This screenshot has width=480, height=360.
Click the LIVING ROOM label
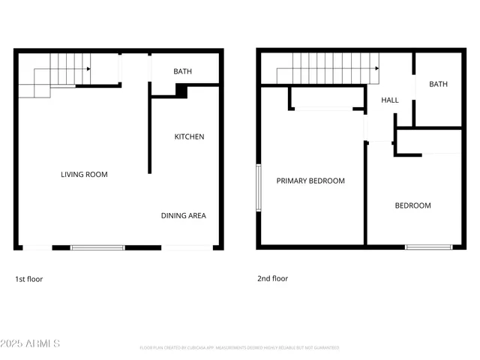tap(84, 175)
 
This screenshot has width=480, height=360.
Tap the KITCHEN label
tap(189, 136)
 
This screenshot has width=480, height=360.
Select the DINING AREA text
tap(183, 216)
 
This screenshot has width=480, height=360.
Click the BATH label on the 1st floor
tap(182, 72)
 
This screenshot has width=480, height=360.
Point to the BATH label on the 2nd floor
tap(438, 84)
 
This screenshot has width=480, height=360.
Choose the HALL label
tap(390, 100)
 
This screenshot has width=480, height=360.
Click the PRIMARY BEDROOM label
tap(310, 181)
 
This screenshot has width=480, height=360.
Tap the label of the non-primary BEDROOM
tap(413, 205)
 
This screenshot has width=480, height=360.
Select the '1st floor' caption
tap(29, 279)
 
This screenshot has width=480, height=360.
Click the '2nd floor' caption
tap(272, 278)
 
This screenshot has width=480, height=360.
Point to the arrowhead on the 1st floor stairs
tap(88, 69)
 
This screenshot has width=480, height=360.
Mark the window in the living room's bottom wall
tap(97, 247)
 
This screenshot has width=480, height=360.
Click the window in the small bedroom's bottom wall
tap(429, 246)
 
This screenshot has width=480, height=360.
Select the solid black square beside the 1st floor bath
tap(181, 90)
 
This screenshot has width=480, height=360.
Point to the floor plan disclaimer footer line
tap(239, 348)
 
